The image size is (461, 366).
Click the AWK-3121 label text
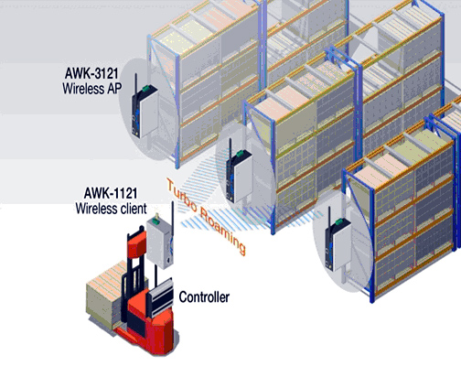click(91, 73)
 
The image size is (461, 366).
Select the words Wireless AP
click(92, 89)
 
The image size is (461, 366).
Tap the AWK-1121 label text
click(111, 193)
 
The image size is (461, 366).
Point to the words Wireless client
click(112, 209)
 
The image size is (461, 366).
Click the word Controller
click(204, 297)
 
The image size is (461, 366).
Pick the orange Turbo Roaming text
click(206, 216)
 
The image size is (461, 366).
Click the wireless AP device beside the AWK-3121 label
click(145, 111)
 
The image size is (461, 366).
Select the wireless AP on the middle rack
click(239, 177)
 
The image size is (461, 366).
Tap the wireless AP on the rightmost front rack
click(338, 244)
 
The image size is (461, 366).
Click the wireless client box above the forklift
click(160, 242)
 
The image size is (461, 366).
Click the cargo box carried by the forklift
click(103, 295)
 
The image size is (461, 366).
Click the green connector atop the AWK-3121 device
click(145, 88)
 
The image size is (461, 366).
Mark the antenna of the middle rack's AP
click(230, 149)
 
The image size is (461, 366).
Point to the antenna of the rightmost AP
click(329, 218)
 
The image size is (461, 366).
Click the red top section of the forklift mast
click(136, 245)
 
